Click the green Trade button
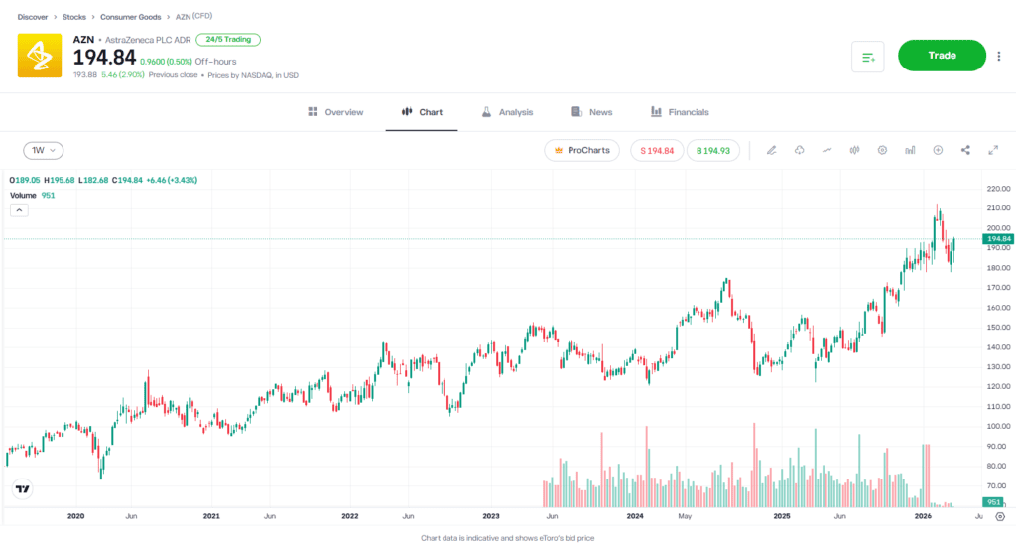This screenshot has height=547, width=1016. pos(942,56)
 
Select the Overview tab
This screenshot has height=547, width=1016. pos(335,112)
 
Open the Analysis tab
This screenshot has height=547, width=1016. pos(507,112)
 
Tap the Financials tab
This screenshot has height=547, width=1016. pos(680,112)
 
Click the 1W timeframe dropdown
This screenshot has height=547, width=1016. pos(44,151)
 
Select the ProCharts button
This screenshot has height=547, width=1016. pos(581,150)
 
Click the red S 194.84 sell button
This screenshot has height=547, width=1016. pos(657,150)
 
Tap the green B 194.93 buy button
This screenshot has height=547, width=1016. pos(712,150)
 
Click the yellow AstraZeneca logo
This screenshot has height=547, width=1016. pos(40,56)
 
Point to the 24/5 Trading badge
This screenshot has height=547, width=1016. pos(228,40)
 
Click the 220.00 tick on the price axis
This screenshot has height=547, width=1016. pos(998,189)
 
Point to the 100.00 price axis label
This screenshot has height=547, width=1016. pos(998,426)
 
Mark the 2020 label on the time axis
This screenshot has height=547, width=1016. pos(74,516)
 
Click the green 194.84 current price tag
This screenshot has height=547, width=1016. pos(997,239)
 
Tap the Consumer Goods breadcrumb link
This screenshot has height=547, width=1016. pos(131,17)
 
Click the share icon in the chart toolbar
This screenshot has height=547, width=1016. pos(965,150)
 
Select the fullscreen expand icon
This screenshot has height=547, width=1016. pos(993,150)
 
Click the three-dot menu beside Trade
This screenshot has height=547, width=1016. pos(999,57)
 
